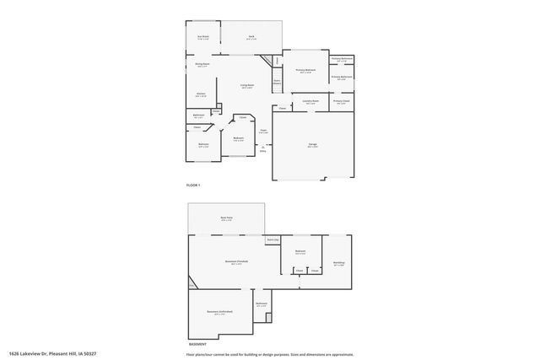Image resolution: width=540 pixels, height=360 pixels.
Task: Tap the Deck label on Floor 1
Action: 251,37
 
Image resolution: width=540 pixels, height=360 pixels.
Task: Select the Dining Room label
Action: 202,65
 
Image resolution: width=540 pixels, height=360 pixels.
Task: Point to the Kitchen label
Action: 201,94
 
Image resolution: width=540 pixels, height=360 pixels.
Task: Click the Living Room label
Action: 247,86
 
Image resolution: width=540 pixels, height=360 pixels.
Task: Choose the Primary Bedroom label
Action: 305,71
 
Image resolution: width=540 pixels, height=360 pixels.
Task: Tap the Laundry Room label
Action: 310,103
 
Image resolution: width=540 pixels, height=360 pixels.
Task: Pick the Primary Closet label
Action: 341,101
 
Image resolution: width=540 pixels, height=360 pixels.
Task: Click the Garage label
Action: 312,146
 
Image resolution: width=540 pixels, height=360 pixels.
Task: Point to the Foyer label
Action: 263,131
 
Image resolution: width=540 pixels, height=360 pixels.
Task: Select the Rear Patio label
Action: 226,219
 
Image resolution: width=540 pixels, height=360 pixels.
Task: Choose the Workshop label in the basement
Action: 338,263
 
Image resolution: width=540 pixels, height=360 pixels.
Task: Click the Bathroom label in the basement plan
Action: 262,304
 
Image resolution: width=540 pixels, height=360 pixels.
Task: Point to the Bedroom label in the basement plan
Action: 300,252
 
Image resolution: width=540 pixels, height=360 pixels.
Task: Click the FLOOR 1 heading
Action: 193,185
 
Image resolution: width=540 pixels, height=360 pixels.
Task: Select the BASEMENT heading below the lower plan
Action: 196,344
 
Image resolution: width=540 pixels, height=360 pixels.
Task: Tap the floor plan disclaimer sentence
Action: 270,353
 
